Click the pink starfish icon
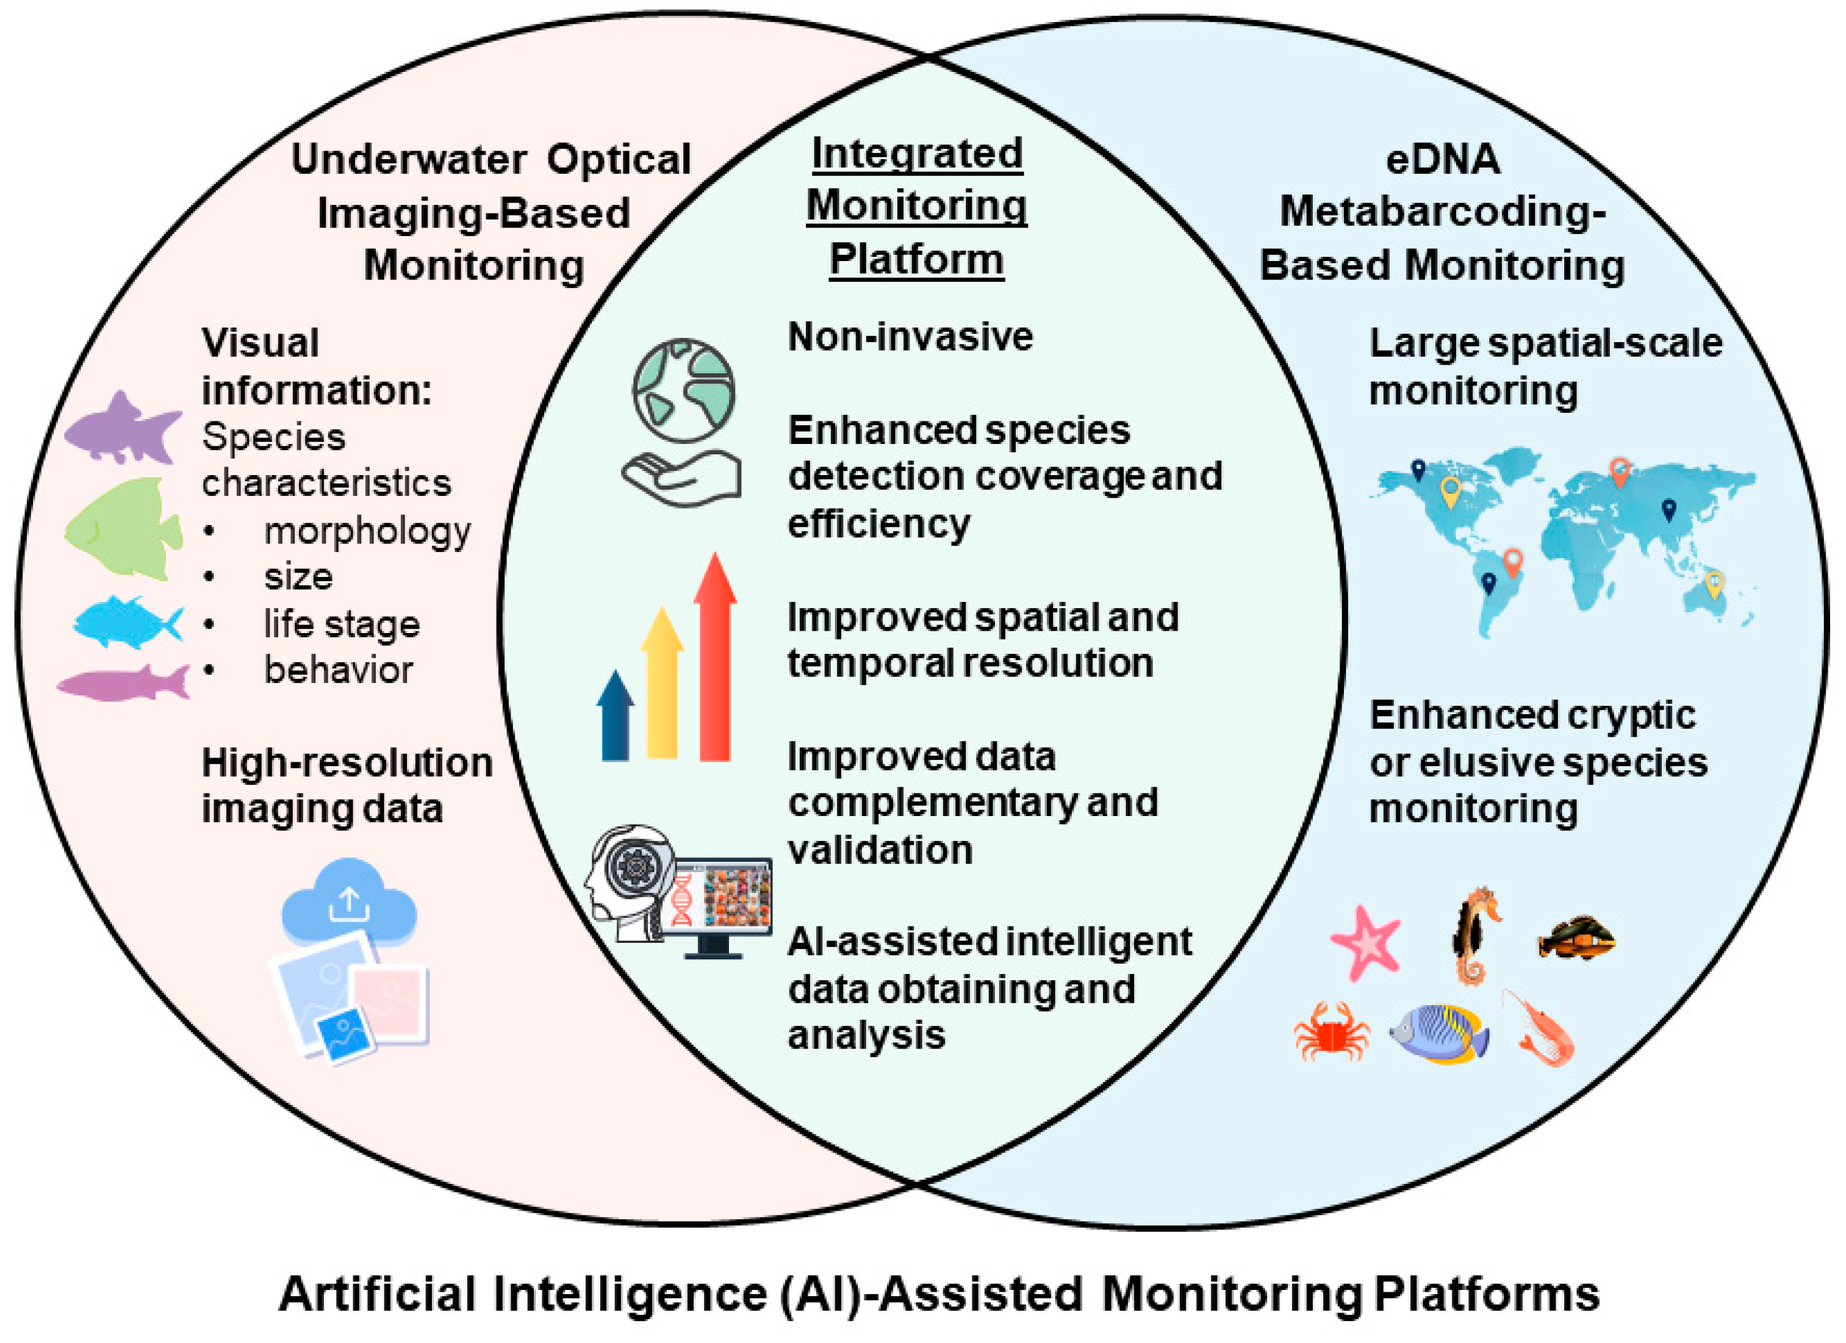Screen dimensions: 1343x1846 [1366, 942]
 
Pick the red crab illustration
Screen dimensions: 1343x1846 [1332, 1032]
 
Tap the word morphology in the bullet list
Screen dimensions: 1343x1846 [367, 531]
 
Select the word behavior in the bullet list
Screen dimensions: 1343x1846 [338, 670]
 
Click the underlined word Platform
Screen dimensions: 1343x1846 [916, 260]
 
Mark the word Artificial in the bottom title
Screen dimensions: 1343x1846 [377, 1294]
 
